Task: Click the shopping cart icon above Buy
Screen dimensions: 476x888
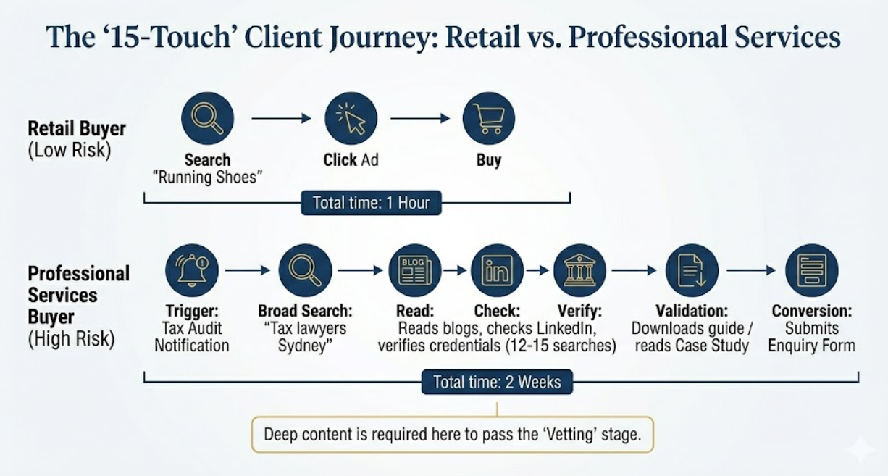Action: coord(489,118)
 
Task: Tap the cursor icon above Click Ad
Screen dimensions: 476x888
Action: coord(351,118)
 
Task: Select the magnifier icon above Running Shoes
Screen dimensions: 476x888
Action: coord(207,118)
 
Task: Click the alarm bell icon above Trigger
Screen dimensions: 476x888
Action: coord(192,270)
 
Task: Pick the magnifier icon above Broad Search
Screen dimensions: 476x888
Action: coord(305,270)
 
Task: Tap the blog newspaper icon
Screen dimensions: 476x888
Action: coord(415,270)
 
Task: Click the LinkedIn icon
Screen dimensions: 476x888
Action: coord(497,270)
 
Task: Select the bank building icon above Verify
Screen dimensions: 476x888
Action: coord(579,270)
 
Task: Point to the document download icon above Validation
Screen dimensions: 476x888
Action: coord(692,270)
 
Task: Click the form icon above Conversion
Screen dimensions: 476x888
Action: coord(811,270)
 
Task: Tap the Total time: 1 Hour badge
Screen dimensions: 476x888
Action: coord(371,203)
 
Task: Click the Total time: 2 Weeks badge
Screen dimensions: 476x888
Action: coord(497,382)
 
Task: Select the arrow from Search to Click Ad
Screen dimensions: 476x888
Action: coord(281,118)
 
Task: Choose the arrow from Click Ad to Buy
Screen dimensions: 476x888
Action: coord(420,118)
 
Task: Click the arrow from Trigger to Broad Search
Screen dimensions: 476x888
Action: coord(248,270)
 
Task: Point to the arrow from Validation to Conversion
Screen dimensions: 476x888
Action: coord(751,270)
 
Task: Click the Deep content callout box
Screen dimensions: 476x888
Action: coord(453,435)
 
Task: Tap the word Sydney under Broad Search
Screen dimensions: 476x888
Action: coord(304,346)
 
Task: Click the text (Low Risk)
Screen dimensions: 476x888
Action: coord(69,151)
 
